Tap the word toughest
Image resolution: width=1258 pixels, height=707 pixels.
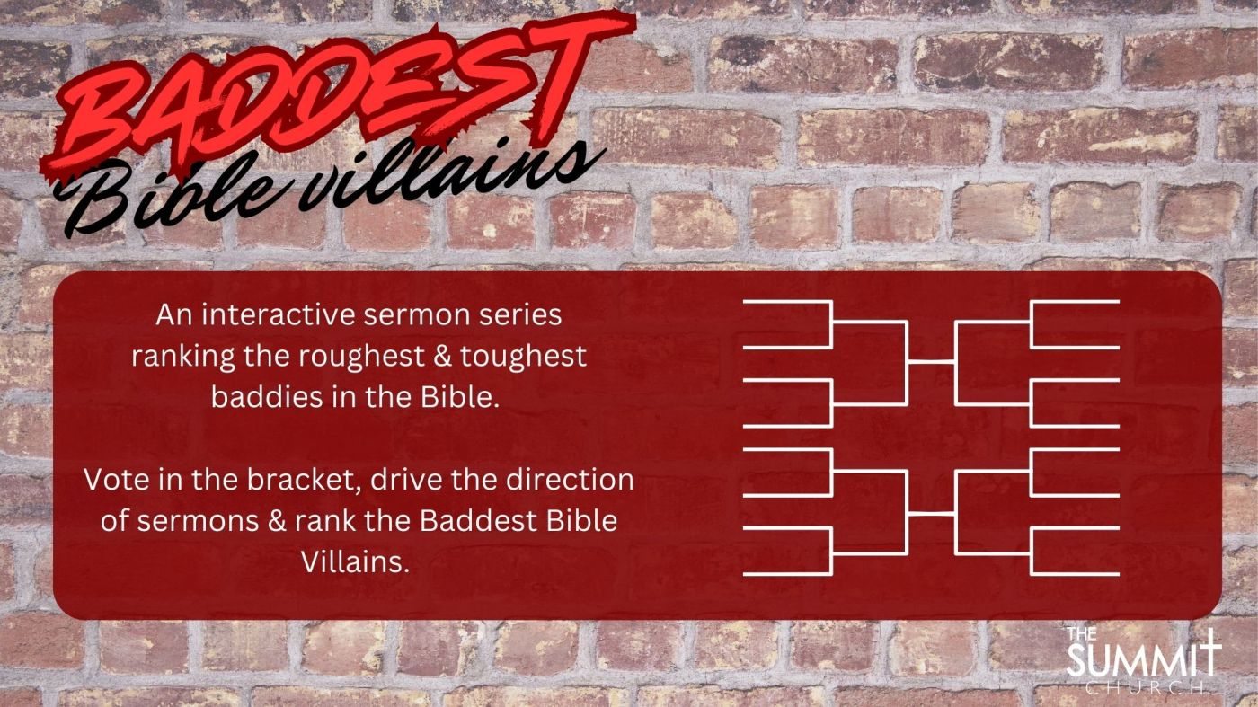523,357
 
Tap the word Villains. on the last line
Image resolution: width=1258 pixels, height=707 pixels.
354,561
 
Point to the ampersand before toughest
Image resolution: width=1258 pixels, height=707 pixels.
442,357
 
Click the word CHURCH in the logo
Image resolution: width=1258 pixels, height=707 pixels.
1143,688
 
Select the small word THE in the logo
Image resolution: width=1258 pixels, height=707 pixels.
1082,634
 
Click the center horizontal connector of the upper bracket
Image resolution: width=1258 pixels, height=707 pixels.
931,362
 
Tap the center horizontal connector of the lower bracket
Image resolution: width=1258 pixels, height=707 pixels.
931,513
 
